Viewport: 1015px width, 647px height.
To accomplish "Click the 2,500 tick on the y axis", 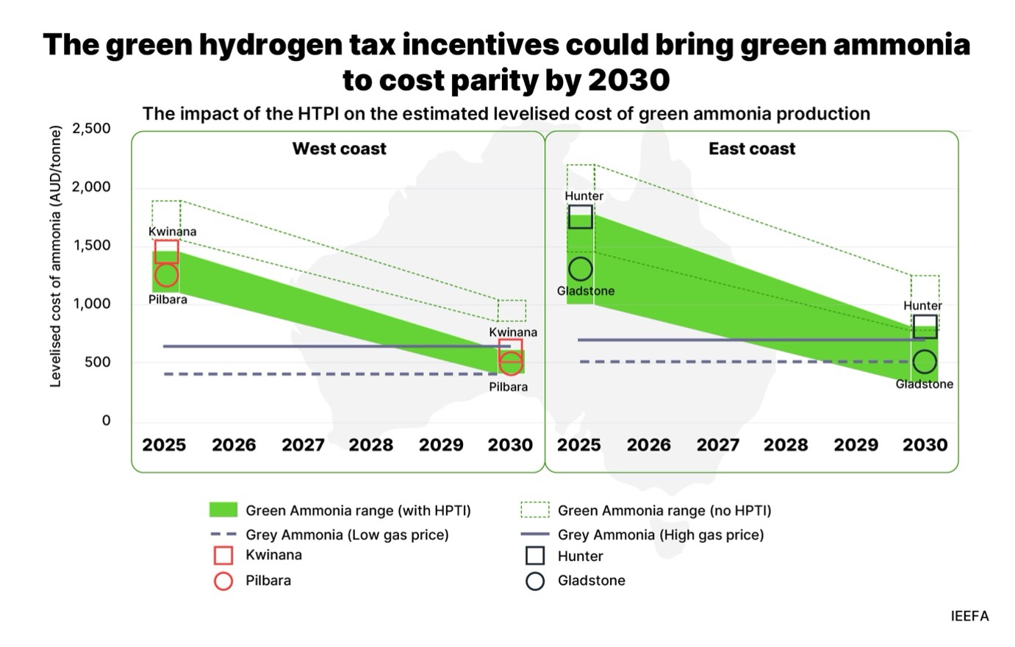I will pyautogui.click(x=91, y=129).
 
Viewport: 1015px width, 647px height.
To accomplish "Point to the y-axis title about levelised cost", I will pyautogui.click(x=55, y=257).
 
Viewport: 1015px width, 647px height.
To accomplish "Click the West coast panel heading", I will pyautogui.click(x=339, y=149).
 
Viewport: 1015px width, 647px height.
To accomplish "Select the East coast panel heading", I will pyautogui.click(x=751, y=149).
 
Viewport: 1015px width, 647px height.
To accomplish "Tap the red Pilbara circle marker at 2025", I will pyautogui.click(x=166, y=275).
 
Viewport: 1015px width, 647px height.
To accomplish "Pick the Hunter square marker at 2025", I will pyautogui.click(x=580, y=217).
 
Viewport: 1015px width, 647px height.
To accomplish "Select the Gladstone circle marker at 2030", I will pyautogui.click(x=925, y=362).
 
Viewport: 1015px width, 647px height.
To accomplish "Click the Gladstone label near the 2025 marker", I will pyautogui.click(x=585, y=291).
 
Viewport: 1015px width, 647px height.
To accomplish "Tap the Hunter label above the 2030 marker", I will pyautogui.click(x=922, y=306).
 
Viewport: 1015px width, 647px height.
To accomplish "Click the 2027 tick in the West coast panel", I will pyautogui.click(x=303, y=445).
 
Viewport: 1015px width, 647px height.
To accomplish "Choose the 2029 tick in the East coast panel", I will pyautogui.click(x=856, y=445).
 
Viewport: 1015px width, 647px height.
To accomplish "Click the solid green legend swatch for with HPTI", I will pyautogui.click(x=223, y=510).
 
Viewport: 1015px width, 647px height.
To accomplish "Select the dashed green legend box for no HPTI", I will pyautogui.click(x=534, y=510).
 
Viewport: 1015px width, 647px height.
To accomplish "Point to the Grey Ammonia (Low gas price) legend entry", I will pyautogui.click(x=346, y=535).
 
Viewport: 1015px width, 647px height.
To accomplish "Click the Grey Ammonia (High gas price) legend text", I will pyautogui.click(x=660, y=535).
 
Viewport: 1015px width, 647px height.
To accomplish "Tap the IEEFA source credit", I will pyautogui.click(x=969, y=616).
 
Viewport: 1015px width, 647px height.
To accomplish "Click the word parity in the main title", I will pyautogui.click(x=494, y=79).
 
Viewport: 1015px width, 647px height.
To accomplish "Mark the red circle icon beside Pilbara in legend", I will pyautogui.click(x=223, y=581).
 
